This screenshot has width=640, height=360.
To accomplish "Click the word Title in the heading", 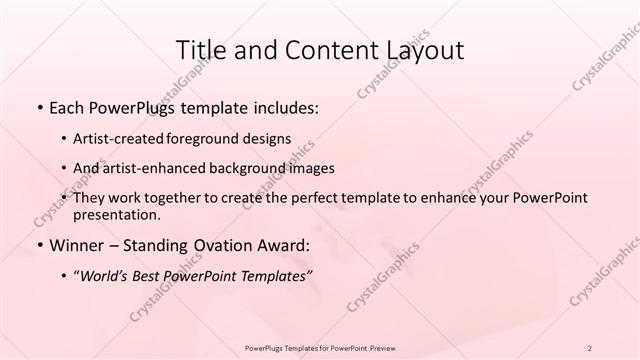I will point(200,49).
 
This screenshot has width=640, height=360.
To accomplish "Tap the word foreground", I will point(212,138).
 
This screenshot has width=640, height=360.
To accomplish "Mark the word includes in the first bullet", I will point(286,105).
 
